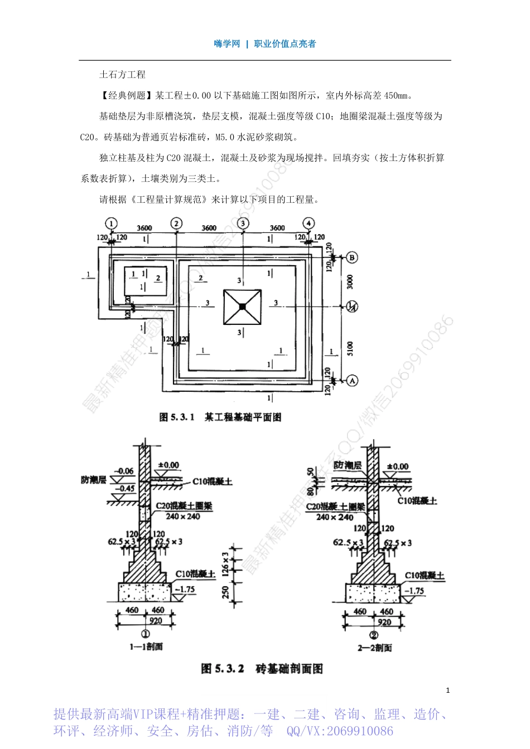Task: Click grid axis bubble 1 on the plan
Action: tap(112, 223)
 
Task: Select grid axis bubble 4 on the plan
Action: tap(309, 223)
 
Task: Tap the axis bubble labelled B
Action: tap(351, 257)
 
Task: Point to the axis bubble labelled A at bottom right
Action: tap(351, 381)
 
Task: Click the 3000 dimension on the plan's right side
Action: tap(350, 281)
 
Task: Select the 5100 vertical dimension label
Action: tap(350, 349)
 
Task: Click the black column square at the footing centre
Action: tap(242, 307)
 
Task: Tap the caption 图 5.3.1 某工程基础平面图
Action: tap(220, 417)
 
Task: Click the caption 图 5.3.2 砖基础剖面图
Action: tap(262, 669)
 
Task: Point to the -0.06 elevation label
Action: tap(124, 471)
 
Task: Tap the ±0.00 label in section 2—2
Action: tap(397, 466)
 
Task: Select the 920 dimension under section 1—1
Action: tap(156, 620)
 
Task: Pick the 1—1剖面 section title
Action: tap(146, 646)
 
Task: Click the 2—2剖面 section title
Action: tap(374, 648)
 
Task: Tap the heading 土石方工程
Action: tap(122, 75)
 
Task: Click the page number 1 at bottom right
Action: tap(448, 690)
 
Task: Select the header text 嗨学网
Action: tap(227, 44)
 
